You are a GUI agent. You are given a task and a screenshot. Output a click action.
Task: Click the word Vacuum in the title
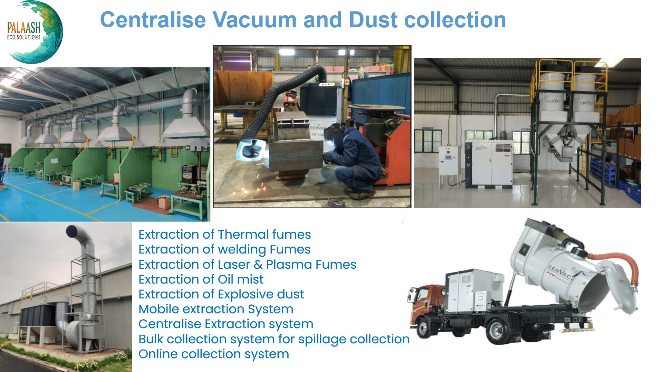[254, 20]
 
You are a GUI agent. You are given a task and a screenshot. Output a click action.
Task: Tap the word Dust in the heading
[373, 20]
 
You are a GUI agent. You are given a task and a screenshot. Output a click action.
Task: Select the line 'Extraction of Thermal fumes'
[225, 235]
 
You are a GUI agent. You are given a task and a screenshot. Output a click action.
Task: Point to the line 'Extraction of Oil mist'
[201, 279]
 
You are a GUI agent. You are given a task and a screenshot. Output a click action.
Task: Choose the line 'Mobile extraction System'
[216, 309]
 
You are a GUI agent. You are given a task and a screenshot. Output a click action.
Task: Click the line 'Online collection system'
[214, 354]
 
